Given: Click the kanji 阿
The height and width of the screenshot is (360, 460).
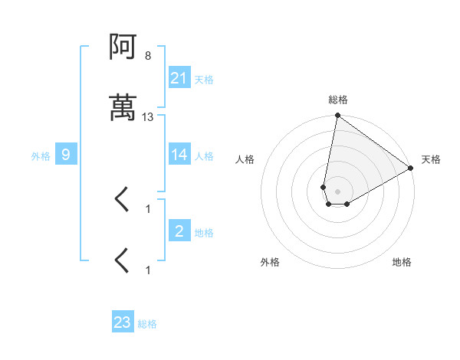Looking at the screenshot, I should point(123,48).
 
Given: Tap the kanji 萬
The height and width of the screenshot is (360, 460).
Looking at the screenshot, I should point(123,108).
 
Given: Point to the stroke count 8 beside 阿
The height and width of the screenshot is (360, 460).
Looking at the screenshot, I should point(148,56).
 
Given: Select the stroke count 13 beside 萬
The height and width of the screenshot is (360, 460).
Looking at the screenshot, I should point(148,117).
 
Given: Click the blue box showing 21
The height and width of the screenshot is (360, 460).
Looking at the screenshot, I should point(179,78).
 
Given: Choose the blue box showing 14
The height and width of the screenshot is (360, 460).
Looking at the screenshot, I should point(179,155).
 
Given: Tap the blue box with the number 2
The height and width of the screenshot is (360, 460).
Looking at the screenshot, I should point(179,231).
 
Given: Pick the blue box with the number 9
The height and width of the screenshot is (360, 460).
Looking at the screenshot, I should point(66,155).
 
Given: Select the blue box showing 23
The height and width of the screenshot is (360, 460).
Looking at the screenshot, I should point(123,322).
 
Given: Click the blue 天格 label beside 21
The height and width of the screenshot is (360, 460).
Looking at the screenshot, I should point(204,79).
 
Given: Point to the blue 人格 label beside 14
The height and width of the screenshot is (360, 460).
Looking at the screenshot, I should point(204,155).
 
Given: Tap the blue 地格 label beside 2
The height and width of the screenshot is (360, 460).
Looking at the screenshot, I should point(204,232).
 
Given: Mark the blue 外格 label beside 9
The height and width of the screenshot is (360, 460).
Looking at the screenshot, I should point(41,156).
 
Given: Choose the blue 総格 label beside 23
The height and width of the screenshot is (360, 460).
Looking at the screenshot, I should point(147,323).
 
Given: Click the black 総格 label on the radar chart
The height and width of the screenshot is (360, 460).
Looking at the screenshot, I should point(338,100).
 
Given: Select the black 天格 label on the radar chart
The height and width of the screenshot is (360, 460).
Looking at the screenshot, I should point(431,159).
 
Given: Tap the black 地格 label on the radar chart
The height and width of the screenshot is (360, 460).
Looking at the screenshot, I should point(402,262).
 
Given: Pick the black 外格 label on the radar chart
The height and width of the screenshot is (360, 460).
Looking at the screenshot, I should point(270,262).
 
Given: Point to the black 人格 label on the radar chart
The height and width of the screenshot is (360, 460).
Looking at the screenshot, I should point(245,159).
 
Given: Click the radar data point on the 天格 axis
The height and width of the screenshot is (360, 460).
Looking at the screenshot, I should point(411,169).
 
